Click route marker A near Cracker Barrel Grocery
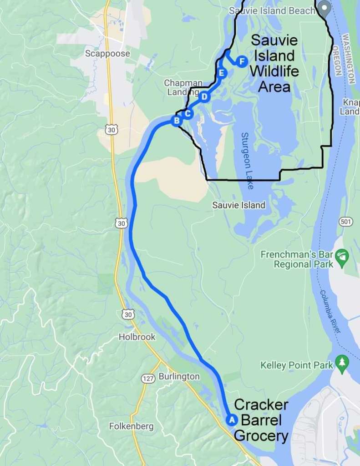[x=231, y=420]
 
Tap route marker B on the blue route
[x=176, y=121]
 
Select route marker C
[x=188, y=114]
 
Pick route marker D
[x=204, y=96]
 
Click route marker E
[x=222, y=73]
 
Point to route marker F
[x=242, y=61]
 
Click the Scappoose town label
[x=107, y=54]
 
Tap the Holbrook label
[x=137, y=337]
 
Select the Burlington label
[x=179, y=377]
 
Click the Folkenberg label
[x=131, y=426]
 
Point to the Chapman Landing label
[x=183, y=87]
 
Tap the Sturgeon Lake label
[x=246, y=161]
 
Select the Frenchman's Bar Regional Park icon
[x=342, y=258]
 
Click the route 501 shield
[x=346, y=222]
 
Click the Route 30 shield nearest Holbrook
[x=128, y=314]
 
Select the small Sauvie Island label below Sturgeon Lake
[x=238, y=205]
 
